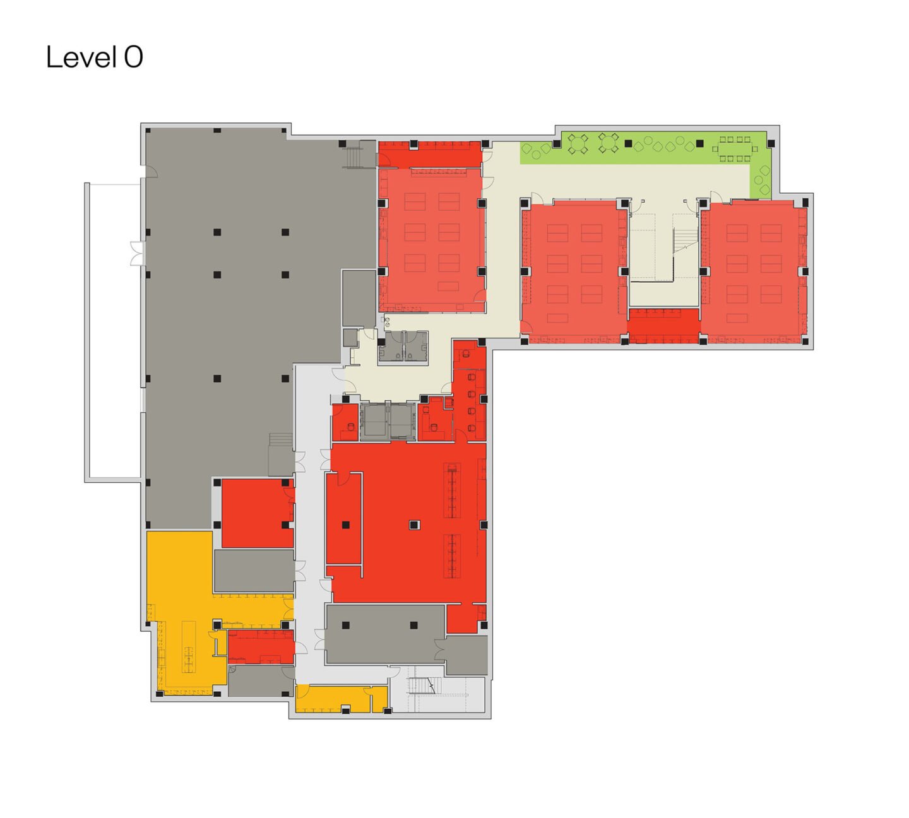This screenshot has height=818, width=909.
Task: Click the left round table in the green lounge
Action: pos(578,143)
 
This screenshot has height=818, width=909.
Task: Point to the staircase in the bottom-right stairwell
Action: pos(423,685)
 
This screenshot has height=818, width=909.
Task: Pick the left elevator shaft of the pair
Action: pos(374,422)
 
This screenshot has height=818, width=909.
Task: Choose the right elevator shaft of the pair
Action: pos(403,422)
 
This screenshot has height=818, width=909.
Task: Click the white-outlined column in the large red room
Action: pos(414,525)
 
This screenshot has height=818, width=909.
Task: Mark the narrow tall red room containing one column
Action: pos(344,518)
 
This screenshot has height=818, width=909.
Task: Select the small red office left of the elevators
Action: pos(345,422)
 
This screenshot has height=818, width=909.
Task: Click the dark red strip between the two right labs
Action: pos(664,326)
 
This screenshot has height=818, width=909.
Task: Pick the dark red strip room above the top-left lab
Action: pos(430,154)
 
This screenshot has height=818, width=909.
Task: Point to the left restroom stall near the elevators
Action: pos(390,347)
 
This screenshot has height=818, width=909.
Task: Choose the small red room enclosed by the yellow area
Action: pos(261,646)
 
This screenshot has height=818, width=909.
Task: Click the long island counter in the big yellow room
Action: pos(189,647)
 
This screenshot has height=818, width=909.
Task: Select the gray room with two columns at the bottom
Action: pos(385,634)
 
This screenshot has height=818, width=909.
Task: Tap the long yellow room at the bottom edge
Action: pos(342,699)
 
